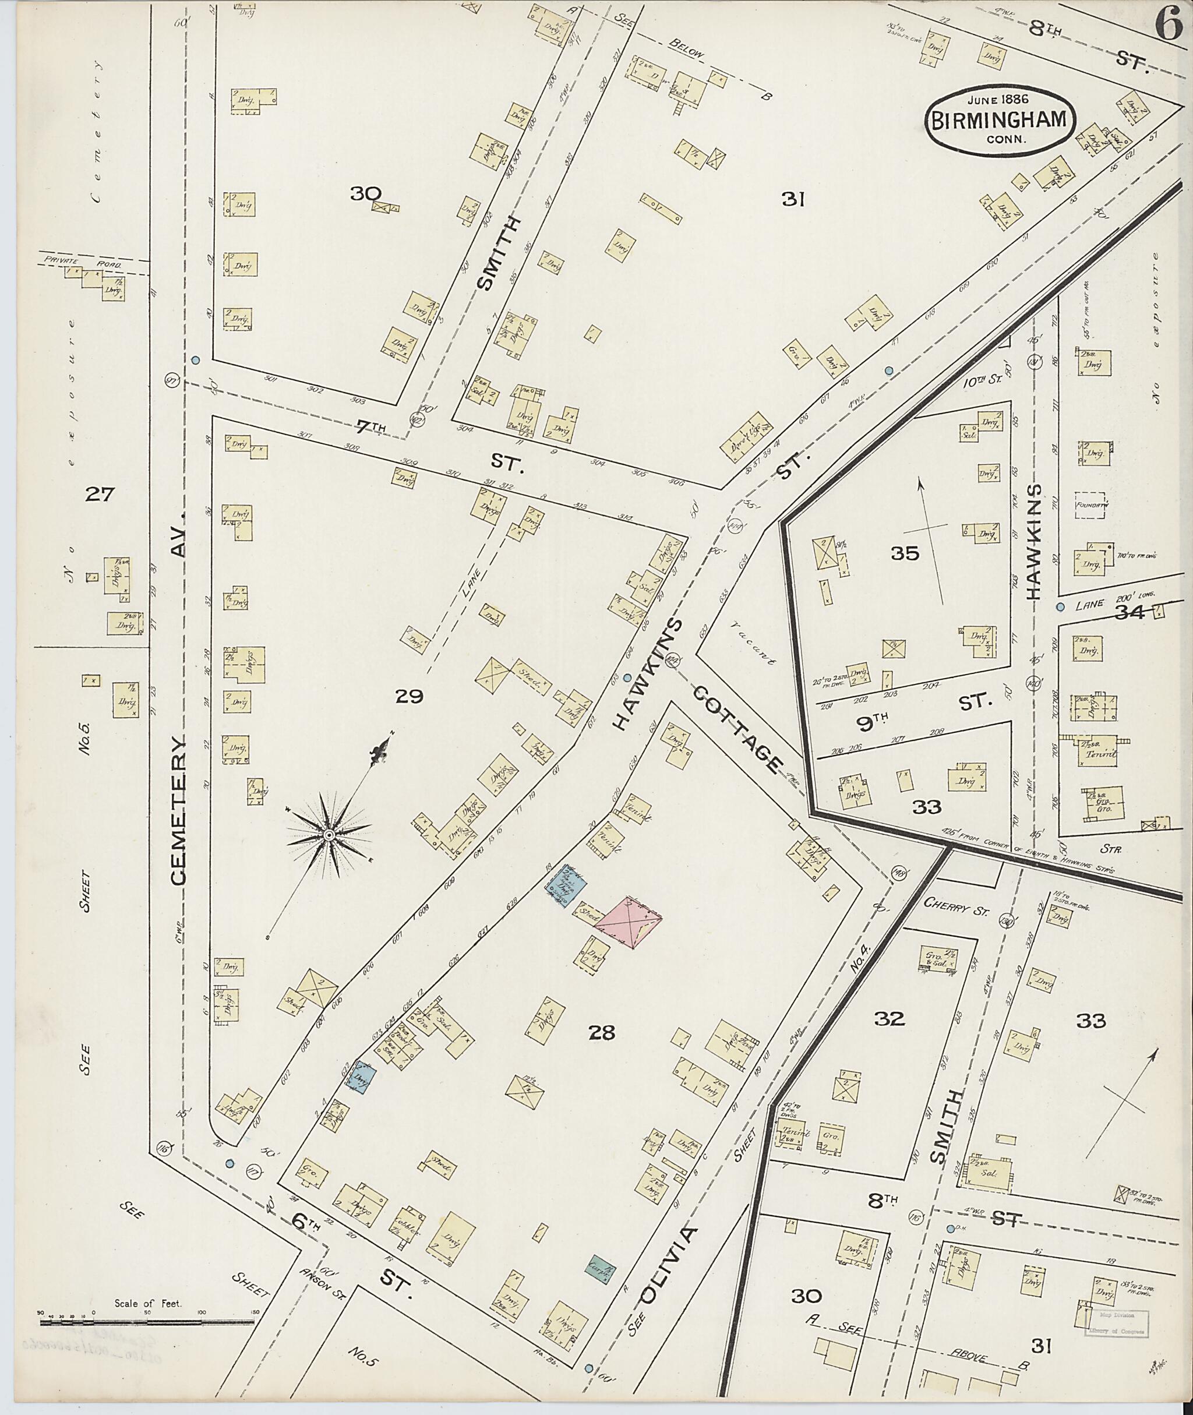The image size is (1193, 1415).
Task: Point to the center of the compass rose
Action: (329, 837)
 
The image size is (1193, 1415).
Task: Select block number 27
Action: (100, 495)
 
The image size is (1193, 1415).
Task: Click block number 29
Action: (410, 696)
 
